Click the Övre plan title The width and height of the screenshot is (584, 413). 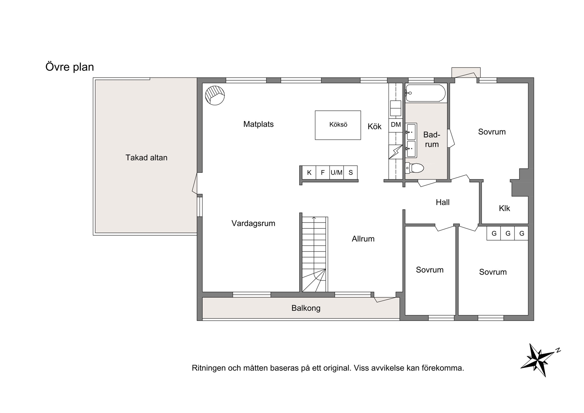click(70, 67)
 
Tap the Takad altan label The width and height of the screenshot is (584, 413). click(146, 157)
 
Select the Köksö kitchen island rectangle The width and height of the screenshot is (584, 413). click(338, 125)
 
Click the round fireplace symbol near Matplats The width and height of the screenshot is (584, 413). click(215, 95)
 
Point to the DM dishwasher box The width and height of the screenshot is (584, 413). click(396, 124)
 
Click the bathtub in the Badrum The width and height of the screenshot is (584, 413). click(425, 93)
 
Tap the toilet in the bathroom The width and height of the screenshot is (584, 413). click(414, 168)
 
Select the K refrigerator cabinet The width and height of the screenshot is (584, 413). click(309, 172)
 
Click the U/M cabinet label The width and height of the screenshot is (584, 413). click(336, 172)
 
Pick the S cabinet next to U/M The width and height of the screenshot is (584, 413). click(351, 172)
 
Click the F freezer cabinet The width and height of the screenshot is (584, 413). click(323, 172)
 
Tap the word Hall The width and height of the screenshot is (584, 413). click(443, 202)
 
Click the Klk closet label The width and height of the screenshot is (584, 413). click(504, 208)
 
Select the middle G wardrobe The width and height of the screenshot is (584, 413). click(508, 233)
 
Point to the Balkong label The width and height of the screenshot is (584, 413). click(306, 308)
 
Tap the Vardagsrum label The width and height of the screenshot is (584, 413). click(253, 223)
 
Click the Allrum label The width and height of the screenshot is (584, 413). click(363, 238)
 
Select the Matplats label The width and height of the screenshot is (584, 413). click(258, 124)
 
